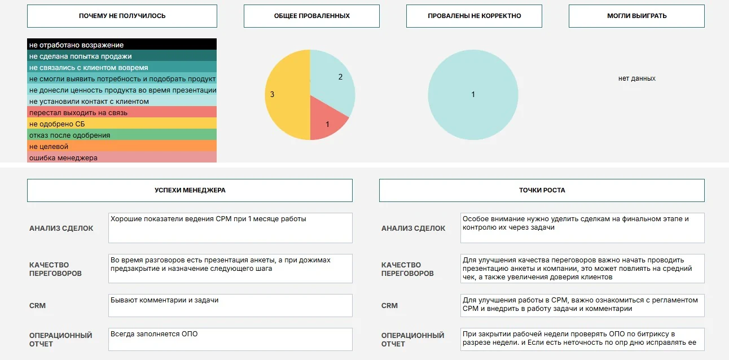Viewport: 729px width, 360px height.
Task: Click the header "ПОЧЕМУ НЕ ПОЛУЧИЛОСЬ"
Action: click(122, 16)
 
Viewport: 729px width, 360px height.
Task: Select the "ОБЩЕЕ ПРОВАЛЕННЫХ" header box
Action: click(311, 16)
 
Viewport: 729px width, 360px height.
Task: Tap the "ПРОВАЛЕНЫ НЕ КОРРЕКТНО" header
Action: click(474, 16)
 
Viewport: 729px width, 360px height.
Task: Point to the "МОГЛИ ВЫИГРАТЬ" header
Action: click(636, 16)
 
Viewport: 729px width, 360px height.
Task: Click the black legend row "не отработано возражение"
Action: click(122, 45)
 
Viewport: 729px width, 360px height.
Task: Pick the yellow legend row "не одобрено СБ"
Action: click(122, 124)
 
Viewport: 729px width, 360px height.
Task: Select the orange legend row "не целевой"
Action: click(122, 146)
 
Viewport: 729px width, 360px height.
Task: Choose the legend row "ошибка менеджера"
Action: click(122, 157)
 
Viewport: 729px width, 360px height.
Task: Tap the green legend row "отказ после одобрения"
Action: click(122, 135)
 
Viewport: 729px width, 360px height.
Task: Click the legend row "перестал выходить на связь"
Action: click(122, 112)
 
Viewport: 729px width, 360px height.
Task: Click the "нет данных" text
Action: click(636, 78)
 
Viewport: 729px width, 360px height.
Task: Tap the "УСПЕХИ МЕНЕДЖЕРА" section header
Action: click(190, 190)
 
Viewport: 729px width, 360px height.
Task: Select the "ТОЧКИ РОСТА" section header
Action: click(542, 190)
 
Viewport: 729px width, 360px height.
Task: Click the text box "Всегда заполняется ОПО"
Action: click(230, 339)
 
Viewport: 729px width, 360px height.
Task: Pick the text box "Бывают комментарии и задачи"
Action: click(230, 305)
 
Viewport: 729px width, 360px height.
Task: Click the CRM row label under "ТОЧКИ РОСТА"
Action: click(389, 305)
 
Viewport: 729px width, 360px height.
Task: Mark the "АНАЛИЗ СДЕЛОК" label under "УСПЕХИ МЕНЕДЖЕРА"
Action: click(62, 228)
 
